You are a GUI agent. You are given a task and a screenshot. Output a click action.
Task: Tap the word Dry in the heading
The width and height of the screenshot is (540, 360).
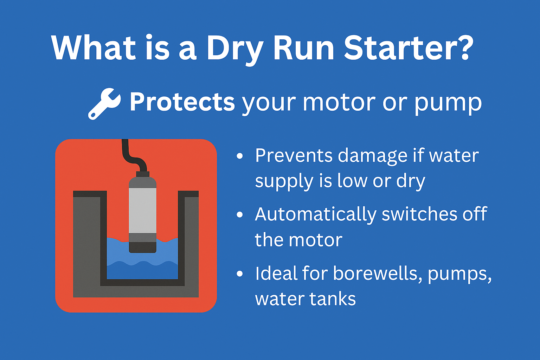235,50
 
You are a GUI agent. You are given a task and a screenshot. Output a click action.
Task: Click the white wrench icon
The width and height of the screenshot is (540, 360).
104,104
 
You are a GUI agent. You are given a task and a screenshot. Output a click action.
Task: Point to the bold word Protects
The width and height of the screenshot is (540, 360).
182,102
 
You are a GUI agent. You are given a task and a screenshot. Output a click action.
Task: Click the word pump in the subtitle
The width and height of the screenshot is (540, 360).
448,105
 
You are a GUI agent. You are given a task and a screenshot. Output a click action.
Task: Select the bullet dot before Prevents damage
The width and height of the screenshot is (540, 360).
240,156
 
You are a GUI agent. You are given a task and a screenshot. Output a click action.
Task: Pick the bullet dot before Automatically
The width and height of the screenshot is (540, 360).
240,214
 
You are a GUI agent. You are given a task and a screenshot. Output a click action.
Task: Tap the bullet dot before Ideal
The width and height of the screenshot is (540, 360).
240,274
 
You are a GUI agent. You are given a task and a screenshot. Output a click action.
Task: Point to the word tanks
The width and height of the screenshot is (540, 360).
333,298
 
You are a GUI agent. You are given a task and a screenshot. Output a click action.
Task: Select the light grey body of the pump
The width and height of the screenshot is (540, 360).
142,211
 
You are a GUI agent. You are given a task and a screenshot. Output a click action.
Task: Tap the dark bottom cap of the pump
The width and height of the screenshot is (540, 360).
142,247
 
